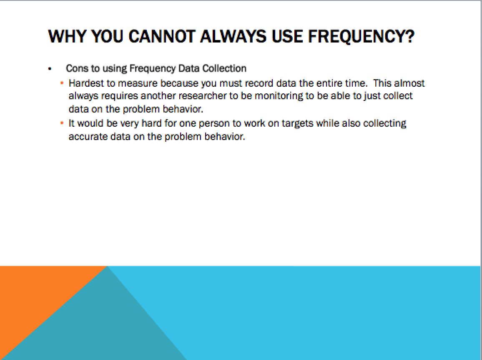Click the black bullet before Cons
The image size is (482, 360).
[50, 69]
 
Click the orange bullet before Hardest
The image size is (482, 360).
[62, 83]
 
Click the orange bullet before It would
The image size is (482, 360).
[62, 123]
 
